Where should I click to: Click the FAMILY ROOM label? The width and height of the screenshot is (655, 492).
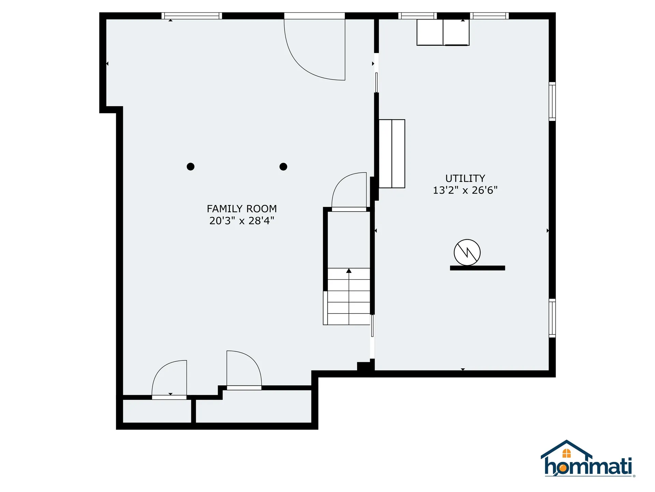[x=242, y=209]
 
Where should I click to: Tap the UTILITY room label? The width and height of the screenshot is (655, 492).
[x=465, y=178]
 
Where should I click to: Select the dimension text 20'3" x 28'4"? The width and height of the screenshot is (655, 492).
[x=242, y=221]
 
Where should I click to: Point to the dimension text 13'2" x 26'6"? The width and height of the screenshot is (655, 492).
[x=465, y=190]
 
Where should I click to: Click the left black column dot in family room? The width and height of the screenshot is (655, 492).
[x=191, y=167]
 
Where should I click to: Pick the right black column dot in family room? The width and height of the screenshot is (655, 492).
[x=283, y=167]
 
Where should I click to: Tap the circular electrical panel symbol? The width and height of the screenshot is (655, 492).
[x=467, y=252]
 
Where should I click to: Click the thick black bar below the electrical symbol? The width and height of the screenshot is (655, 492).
[x=477, y=268]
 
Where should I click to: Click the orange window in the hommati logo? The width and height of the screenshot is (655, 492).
[x=567, y=453]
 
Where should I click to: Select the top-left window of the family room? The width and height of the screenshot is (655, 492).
[x=192, y=16]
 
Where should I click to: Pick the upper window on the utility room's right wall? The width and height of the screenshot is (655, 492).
[x=552, y=101]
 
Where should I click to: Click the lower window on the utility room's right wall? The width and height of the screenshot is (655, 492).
[x=552, y=318]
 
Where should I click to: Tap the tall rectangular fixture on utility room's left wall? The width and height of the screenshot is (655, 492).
[x=392, y=154]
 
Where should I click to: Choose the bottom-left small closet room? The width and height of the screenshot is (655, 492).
[x=157, y=411]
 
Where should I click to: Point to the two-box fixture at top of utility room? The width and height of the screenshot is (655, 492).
[x=443, y=32]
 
